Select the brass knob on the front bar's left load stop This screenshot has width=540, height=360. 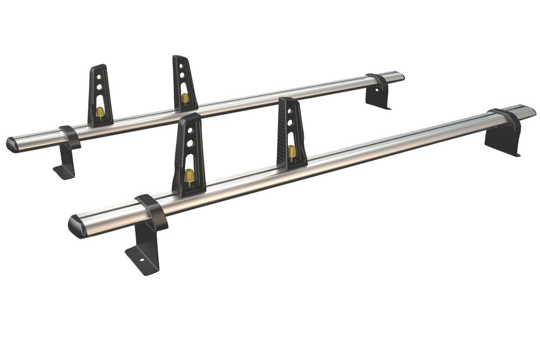pyautogui.click(x=190, y=175)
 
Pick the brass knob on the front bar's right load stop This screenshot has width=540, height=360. pyautogui.click(x=292, y=151)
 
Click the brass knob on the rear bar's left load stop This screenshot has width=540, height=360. pyautogui.click(x=100, y=112)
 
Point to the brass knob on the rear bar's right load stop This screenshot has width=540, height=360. pyautogui.click(x=185, y=98)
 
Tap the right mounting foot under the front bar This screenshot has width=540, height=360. pyautogui.click(x=502, y=142)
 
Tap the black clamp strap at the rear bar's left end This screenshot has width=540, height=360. pyautogui.click(x=70, y=137)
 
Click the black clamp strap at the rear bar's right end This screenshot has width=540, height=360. pyautogui.click(x=378, y=81)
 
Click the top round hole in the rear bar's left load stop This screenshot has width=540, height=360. pyautogui.click(x=98, y=77)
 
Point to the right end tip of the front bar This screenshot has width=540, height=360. pyautogui.click(x=534, y=112)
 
